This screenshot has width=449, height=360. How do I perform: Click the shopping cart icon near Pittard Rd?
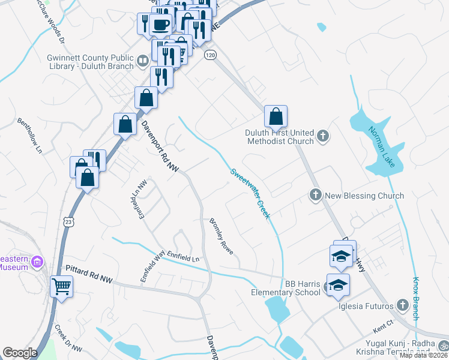coord(61,286)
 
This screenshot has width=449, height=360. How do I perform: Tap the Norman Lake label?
coord(382,148)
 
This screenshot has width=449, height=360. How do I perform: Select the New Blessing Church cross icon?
coord(315,195)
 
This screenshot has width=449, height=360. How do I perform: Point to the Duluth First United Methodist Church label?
coord(280,137)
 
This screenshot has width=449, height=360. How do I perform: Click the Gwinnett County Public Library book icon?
coord(143,60)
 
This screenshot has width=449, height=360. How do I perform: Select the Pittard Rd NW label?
coord(89,279)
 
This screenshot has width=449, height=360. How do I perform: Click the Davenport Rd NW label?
coord(160,148)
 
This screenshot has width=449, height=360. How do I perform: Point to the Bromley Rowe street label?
coord(221,236)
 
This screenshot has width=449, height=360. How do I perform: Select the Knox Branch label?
coord(415,299)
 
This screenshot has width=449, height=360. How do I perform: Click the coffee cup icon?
coord(160,25)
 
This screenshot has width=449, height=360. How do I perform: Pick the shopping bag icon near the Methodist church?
coord(276,115)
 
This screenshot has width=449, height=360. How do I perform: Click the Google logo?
coord(20,353)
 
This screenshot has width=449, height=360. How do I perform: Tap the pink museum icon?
coord(38,262)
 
